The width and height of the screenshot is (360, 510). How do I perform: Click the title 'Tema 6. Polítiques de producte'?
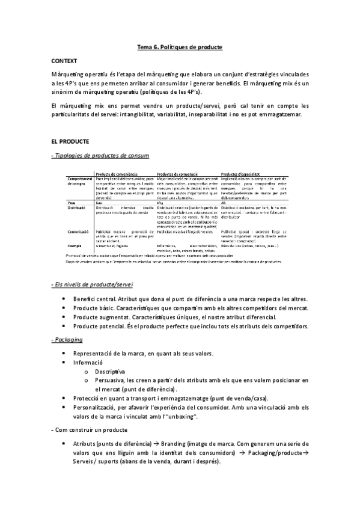click(x=180, y=46)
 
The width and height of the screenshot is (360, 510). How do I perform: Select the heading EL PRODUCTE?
click(x=70, y=141)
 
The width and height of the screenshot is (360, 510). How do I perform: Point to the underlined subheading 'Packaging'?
click(x=70, y=340)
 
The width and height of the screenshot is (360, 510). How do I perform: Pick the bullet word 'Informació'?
click(x=88, y=363)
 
